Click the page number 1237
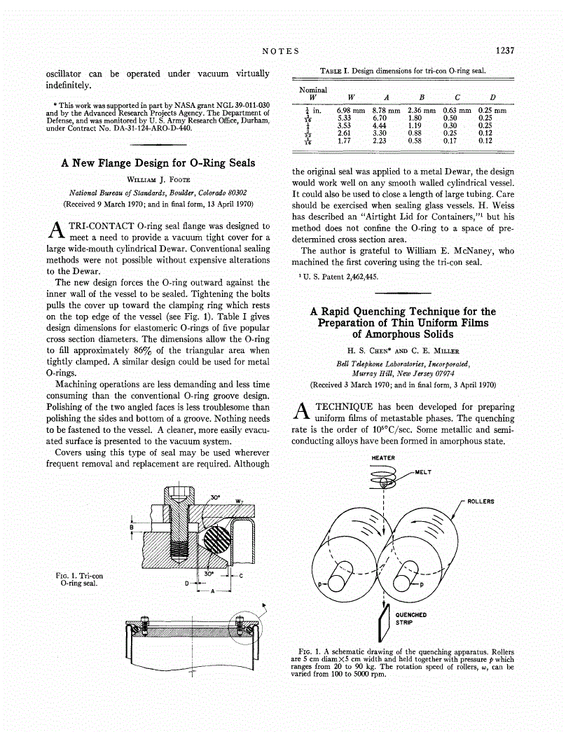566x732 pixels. (504, 50)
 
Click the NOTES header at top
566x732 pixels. (280, 51)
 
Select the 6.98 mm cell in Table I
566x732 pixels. (351, 111)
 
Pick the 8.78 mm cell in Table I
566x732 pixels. (386, 111)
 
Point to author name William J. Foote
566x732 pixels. (158, 179)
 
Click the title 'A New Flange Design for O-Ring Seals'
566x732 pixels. (158, 163)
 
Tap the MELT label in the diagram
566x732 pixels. (423, 471)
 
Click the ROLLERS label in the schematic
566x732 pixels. (481, 502)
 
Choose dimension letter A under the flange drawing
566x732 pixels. (212, 592)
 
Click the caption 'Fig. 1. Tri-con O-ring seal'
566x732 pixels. (79, 579)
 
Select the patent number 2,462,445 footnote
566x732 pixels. (339, 277)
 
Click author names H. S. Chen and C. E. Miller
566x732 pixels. (403, 350)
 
